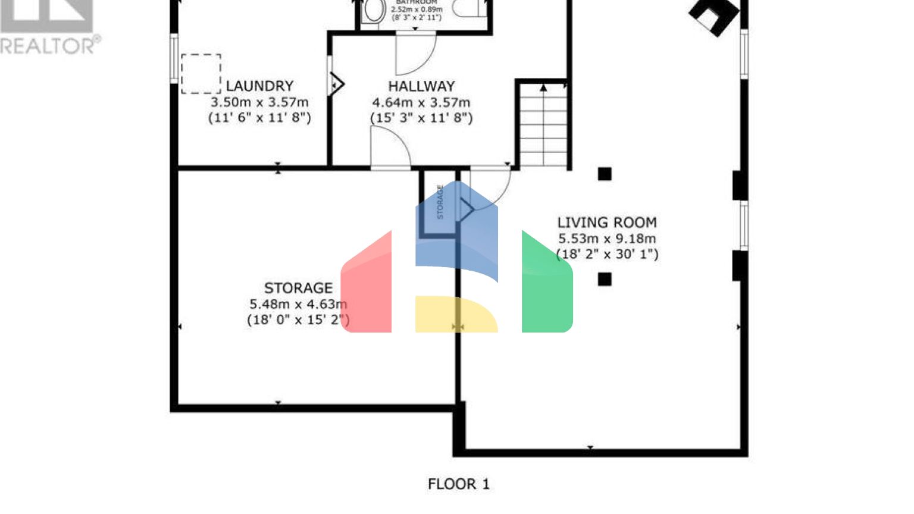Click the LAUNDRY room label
259,86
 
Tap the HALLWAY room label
421,86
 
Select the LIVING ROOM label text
607,222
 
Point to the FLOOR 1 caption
458,484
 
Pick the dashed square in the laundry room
201,74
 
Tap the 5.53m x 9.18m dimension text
607,239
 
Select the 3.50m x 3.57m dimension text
259,102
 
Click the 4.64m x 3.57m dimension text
421,102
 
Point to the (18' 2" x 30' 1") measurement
607,255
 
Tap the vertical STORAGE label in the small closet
440,202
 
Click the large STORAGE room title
298,288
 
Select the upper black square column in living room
605,174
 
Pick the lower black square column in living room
605,279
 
